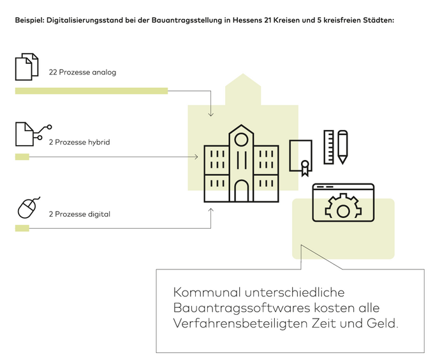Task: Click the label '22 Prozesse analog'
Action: click(82, 72)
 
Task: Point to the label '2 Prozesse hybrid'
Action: click(79, 142)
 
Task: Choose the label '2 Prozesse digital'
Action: click(79, 214)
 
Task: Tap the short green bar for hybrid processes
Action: click(22, 157)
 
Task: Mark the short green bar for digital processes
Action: click(22, 228)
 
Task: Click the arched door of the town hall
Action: click(241, 191)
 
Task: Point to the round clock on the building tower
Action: click(241, 140)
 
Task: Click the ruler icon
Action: click(329, 147)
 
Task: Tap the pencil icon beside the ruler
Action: click(342, 147)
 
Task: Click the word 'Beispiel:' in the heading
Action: click(30, 20)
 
